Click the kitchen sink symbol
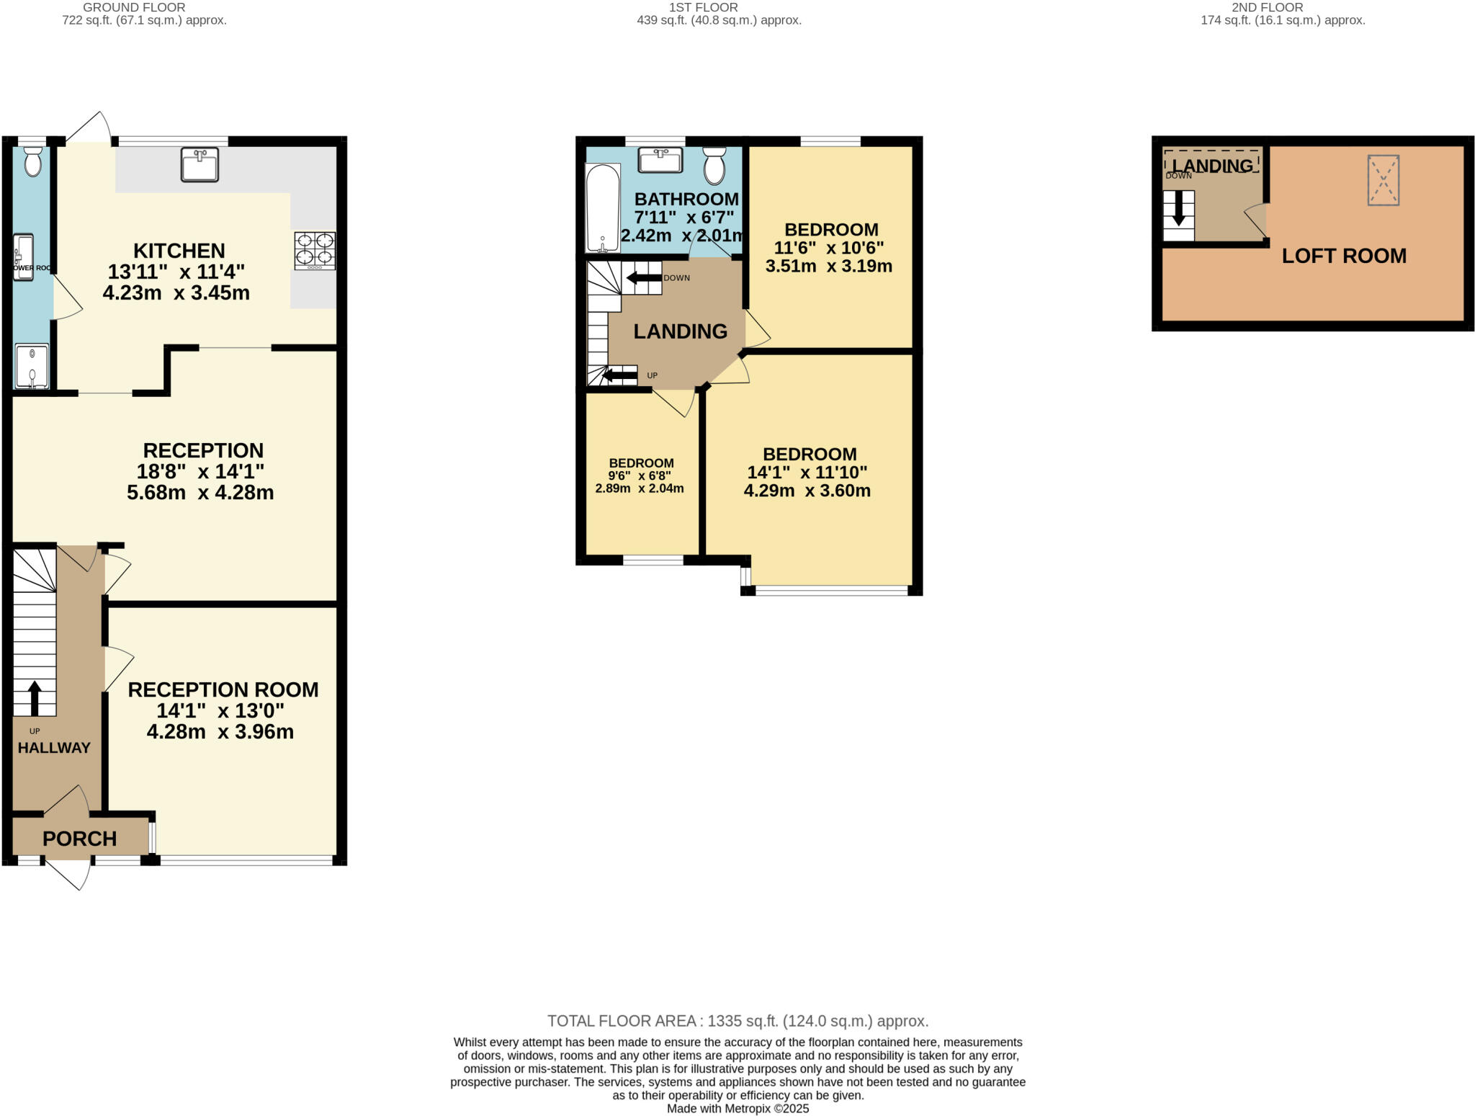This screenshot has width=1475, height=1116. pos(199,164)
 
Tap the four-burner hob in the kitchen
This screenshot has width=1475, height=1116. pos(315,250)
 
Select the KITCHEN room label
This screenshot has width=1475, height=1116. pos(179,251)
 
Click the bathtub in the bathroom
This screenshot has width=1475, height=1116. pos(602,208)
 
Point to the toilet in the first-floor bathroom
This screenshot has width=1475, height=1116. pos(714,166)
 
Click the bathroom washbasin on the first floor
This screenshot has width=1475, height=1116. pos(660,160)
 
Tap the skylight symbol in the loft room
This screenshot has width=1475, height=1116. pos(1383,180)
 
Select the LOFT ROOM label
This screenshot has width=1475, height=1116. pos(1343,256)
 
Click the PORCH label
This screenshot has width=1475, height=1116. pos(79,839)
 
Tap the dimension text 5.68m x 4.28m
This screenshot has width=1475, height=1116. pos(200,493)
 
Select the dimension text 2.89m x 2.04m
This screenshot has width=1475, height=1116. pos(639,488)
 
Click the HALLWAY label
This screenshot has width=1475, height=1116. pos(54,748)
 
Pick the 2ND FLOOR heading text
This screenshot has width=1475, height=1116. pos(1282,7)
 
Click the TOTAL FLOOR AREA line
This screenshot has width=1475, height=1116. pos(737,1021)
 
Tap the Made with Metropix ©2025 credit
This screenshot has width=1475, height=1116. pos(737,1109)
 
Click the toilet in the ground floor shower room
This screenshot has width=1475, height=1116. pos(32,162)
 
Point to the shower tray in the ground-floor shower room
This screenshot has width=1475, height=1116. pos(32,366)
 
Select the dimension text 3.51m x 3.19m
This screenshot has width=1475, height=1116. pos(828,266)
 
